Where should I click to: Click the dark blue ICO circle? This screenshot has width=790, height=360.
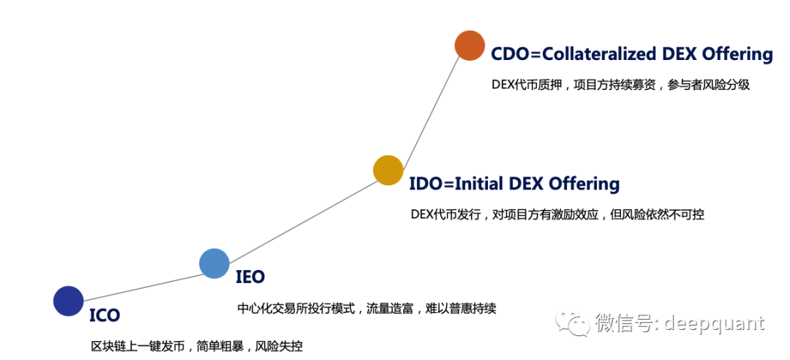(69, 301)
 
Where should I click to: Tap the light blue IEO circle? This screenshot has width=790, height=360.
(214, 263)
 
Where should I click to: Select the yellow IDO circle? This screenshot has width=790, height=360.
(388, 170)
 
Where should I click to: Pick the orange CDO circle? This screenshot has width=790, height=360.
(470, 45)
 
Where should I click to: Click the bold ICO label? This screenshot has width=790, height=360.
(105, 315)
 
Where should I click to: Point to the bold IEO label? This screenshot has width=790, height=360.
(250, 277)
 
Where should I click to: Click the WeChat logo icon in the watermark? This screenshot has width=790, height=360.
(573, 322)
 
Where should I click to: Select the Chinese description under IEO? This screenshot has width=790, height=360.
(366, 308)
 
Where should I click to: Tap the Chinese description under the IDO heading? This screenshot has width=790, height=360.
(557, 214)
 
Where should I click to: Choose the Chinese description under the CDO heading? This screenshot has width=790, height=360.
(621, 84)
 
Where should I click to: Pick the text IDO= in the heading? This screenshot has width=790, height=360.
(432, 184)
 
